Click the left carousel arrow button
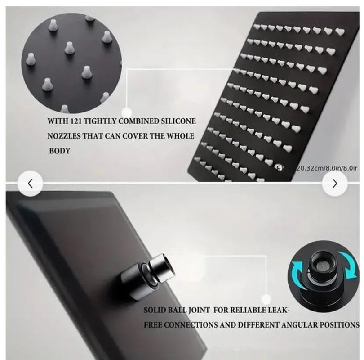point(30,183)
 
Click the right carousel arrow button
point(334,183)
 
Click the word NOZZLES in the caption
point(65,136)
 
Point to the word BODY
point(59,151)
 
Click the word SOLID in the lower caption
point(155,310)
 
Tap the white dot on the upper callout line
point(127,112)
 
